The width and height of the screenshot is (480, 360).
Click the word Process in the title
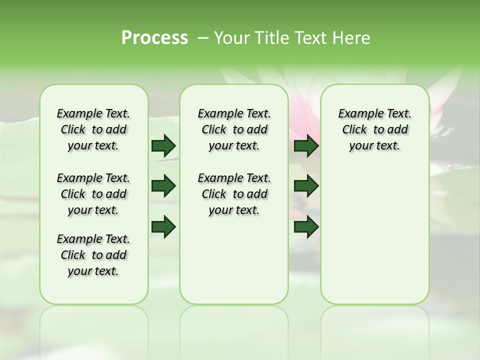click(x=154, y=38)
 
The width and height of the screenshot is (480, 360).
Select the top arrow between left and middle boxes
click(x=163, y=146)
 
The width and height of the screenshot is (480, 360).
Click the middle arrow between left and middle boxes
click(x=163, y=186)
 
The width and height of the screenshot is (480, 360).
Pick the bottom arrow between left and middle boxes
click(x=163, y=226)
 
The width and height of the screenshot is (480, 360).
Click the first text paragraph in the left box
click(x=93, y=129)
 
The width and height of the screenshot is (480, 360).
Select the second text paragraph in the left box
click(x=93, y=194)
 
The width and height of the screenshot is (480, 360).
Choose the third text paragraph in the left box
click(x=93, y=255)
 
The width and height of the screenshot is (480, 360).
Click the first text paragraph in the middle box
click(x=234, y=129)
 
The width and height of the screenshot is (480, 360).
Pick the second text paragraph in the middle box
click(x=234, y=194)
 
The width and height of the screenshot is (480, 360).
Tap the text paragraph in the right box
click(x=374, y=129)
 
